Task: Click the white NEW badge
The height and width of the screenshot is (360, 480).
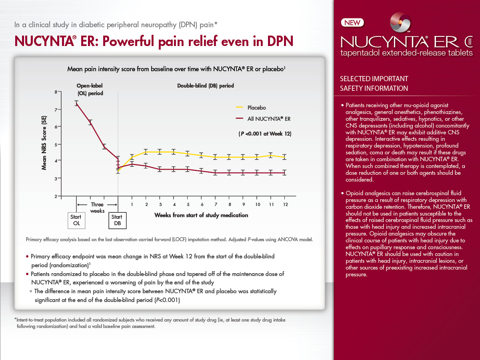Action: (x=352, y=23)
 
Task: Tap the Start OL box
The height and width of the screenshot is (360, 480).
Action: (x=76, y=220)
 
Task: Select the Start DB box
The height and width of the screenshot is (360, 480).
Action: (x=118, y=220)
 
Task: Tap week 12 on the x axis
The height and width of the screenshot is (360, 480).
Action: (x=284, y=204)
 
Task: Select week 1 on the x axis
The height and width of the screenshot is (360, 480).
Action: (x=132, y=204)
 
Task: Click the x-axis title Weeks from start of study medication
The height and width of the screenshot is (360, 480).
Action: (x=201, y=215)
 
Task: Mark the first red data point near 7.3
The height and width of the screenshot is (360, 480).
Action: (x=76, y=103)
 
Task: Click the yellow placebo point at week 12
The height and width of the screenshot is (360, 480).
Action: (x=284, y=157)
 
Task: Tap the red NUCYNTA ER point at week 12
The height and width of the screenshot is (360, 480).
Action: (x=284, y=173)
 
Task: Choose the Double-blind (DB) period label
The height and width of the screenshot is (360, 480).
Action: (x=205, y=86)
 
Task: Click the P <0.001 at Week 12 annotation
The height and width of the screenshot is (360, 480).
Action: (x=265, y=134)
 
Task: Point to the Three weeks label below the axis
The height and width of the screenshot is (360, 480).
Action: (x=97, y=208)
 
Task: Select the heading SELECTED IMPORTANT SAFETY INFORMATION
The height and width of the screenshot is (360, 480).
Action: (x=374, y=84)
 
